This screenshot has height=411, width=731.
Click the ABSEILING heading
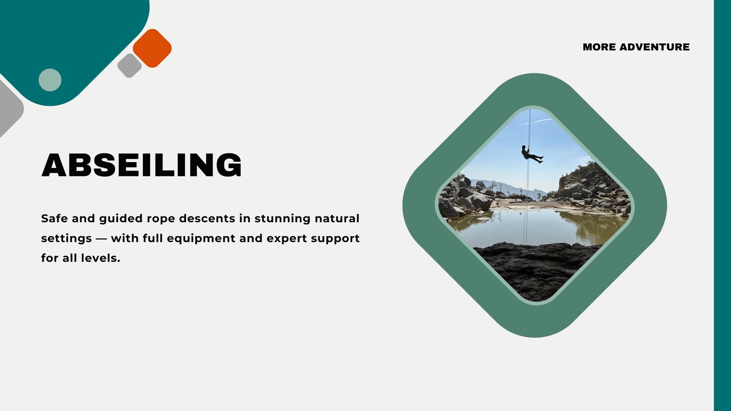[x=142, y=165]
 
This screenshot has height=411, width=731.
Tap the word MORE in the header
[x=599, y=47]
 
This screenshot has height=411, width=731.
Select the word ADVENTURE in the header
[x=655, y=47]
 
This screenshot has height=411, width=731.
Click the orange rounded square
[x=152, y=48]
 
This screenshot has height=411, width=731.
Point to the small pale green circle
[x=50, y=80]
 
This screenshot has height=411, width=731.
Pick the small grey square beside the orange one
[x=130, y=66]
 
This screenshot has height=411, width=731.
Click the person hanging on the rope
[x=531, y=155]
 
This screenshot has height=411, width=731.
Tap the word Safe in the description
[x=54, y=218]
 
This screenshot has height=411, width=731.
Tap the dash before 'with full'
[x=101, y=239]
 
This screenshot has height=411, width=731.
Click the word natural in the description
[x=337, y=218]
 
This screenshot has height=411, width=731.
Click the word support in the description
[x=335, y=239]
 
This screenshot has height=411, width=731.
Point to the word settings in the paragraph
[x=66, y=239]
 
